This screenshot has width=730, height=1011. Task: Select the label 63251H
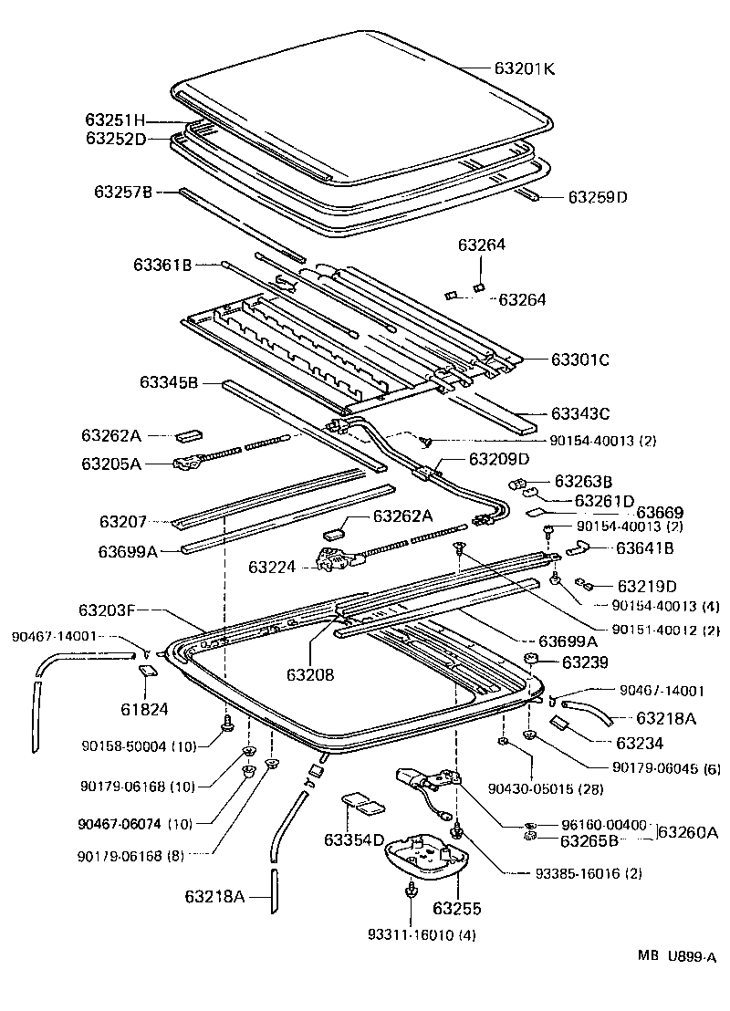[115, 120]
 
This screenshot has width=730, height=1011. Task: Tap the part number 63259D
[599, 196]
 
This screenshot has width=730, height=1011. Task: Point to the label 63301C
[579, 360]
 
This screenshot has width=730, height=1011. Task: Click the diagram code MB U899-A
[676, 956]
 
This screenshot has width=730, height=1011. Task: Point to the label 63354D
[354, 839]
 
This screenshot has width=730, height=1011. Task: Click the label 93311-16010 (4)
[422, 934]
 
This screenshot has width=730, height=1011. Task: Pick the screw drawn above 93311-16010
[412, 890]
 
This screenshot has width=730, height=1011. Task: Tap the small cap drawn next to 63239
[530, 660]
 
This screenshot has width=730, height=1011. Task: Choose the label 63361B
[162, 266]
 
